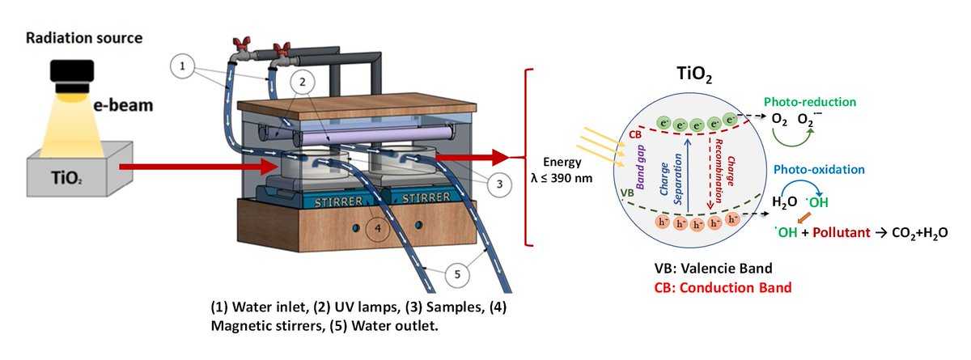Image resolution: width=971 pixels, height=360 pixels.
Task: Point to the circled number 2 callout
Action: tap(301, 82)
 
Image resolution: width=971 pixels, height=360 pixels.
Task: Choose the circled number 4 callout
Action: tap(375, 228)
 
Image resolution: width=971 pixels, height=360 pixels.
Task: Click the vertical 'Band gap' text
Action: tap(647, 172)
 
